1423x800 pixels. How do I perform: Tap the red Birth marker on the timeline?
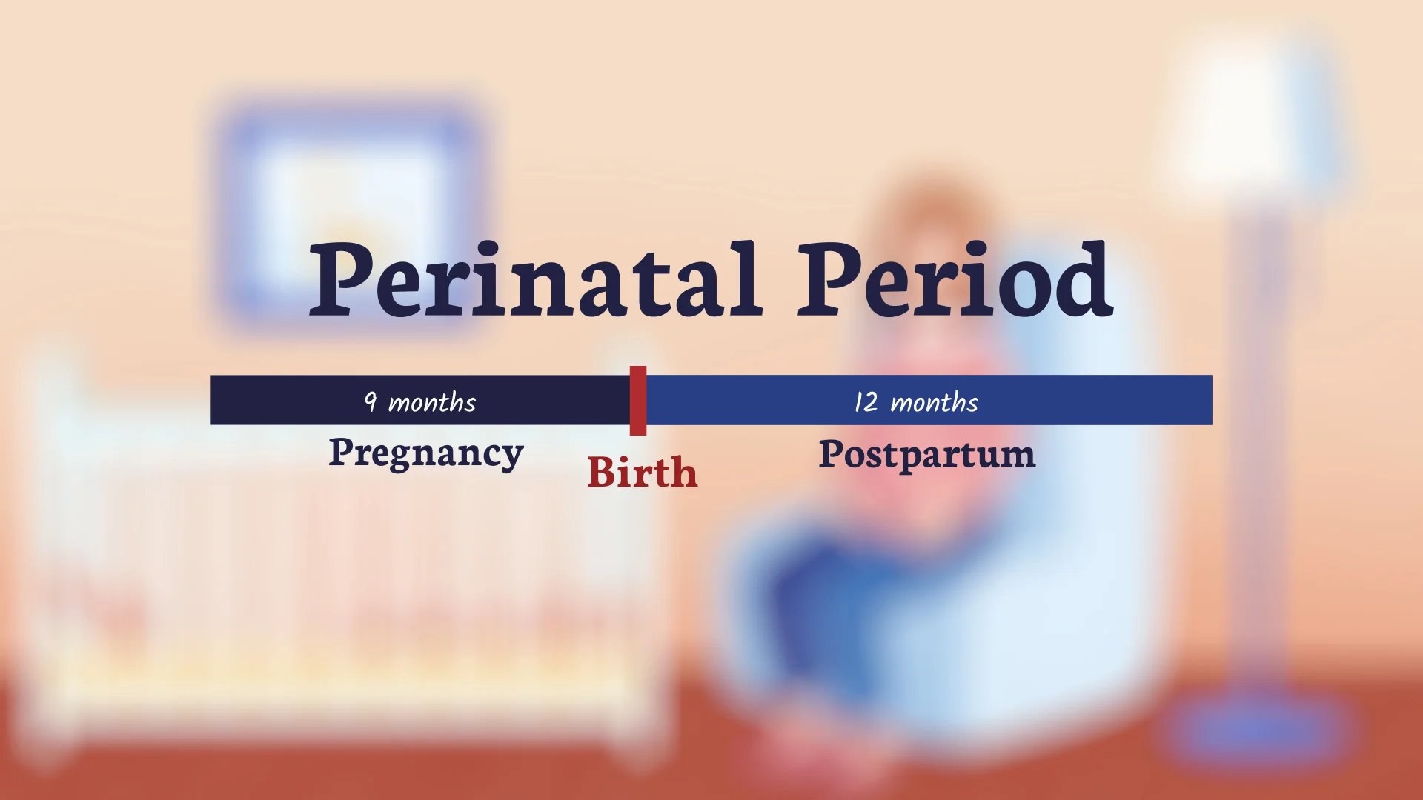point(637,400)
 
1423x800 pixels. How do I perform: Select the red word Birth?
point(643,473)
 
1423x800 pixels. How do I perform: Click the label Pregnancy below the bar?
point(426,453)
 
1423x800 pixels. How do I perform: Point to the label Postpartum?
point(926,455)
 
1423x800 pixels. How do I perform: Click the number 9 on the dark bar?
point(371,401)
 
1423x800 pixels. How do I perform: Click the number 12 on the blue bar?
point(866,402)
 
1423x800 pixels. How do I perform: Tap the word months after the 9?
point(432,403)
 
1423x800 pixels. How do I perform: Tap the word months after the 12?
point(934,403)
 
